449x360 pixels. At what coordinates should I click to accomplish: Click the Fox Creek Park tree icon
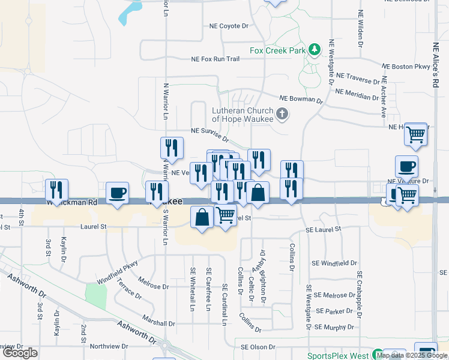coord(314,50)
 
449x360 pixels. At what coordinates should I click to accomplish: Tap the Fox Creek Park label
coord(278,51)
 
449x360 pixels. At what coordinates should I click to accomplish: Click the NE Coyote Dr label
coord(229,26)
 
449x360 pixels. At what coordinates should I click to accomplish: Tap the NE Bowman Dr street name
coord(301,98)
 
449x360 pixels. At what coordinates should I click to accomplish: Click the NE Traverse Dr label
coord(358,78)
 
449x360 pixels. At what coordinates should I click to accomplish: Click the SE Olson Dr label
coord(258,347)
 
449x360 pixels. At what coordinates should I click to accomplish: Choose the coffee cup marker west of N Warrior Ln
coord(117,193)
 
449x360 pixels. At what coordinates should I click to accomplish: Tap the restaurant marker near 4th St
coord(56,190)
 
